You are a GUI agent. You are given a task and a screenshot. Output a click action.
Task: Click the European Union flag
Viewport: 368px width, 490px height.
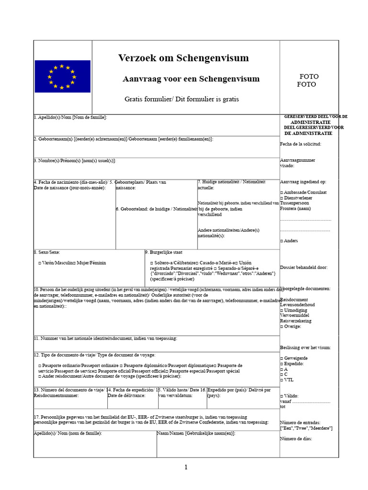62,76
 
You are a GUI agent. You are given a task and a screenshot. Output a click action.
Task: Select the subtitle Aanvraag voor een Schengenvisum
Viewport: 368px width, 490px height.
191,79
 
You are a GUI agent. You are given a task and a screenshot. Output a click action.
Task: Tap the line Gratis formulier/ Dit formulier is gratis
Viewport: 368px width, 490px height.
182,99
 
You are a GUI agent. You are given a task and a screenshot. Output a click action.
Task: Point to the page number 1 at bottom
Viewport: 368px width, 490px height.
186,467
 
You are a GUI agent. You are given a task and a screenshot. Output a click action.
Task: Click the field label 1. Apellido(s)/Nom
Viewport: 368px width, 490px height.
70,117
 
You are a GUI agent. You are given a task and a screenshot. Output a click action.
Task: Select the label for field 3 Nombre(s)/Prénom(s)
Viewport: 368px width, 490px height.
74,161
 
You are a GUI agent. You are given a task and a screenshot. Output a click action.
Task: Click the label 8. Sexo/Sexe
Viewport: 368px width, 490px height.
46,252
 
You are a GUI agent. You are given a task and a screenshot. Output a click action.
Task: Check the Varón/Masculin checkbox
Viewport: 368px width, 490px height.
40,263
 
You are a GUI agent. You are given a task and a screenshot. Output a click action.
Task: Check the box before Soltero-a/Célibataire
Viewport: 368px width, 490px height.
152,263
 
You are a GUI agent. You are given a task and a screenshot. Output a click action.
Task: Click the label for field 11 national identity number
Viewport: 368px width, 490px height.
105,339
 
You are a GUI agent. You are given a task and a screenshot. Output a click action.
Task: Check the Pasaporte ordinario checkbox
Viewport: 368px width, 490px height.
40,366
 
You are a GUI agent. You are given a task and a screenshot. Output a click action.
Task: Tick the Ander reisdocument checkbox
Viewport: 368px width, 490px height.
40,377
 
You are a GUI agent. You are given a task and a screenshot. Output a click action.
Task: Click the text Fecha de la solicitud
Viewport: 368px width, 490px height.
300,144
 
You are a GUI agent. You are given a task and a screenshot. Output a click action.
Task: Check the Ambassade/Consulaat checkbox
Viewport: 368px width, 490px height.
282,192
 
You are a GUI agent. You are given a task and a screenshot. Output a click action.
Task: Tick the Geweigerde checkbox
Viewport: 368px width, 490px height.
282,358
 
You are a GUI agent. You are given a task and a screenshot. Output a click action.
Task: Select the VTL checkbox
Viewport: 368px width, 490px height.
282,380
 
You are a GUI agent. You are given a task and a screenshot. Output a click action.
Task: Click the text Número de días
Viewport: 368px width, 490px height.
296,439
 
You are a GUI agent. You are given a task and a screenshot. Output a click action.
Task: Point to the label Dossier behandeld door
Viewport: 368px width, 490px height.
304,267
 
